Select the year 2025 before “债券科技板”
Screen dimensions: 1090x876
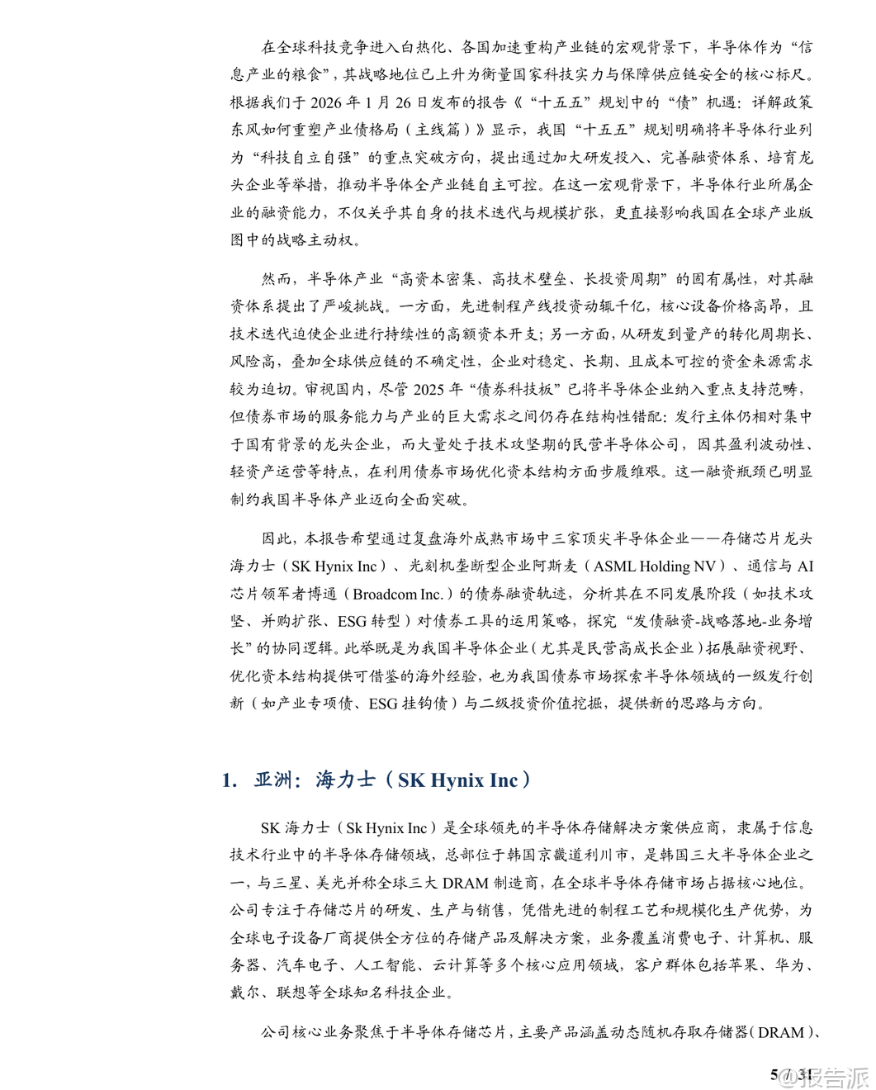coord(429,390)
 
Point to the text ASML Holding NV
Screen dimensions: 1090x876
coord(654,566)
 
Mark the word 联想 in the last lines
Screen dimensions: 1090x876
coord(293,993)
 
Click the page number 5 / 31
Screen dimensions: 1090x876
coord(791,1074)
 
